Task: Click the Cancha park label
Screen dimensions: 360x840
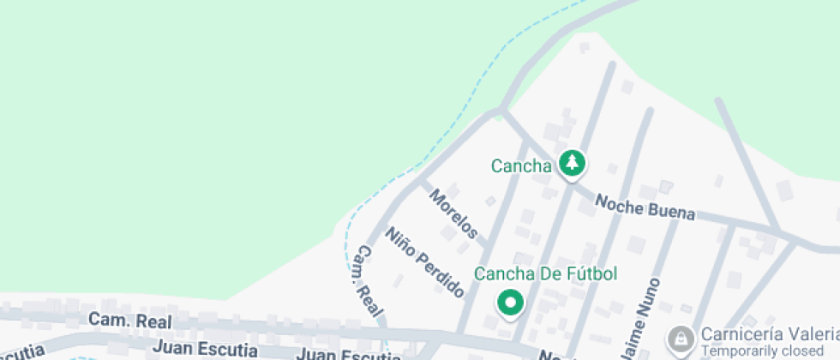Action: tap(520, 166)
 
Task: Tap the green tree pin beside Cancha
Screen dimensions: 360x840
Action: tap(572, 162)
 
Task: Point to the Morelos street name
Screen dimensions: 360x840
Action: tap(453, 213)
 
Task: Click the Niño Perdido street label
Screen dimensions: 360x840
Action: tap(424, 262)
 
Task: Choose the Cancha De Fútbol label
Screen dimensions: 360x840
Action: tap(546, 274)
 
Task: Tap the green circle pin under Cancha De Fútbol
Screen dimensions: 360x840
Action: tap(511, 303)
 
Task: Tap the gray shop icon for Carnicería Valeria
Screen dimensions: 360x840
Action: tap(681, 339)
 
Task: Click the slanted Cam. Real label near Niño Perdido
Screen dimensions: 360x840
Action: tap(369, 281)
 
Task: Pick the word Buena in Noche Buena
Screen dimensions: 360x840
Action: tap(671, 211)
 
